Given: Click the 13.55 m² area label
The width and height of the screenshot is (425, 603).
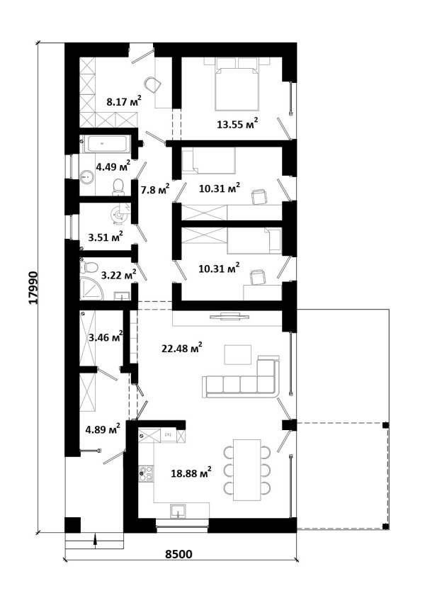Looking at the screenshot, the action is (x=237, y=123).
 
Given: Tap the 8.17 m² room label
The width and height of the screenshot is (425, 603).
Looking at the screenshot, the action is (x=124, y=101).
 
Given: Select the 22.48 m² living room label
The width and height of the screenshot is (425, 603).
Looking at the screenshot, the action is (x=182, y=348).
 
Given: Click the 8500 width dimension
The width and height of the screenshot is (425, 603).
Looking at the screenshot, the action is (x=178, y=554).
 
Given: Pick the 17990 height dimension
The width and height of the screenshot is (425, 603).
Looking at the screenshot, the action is (x=34, y=288).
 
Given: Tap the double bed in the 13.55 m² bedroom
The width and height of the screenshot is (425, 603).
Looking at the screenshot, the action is (x=236, y=84).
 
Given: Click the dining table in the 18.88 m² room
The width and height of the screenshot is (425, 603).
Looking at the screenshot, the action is (x=247, y=470).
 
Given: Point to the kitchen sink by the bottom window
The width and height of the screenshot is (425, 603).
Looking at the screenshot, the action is (x=178, y=511).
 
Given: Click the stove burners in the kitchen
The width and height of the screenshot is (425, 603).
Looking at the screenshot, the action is (x=146, y=473).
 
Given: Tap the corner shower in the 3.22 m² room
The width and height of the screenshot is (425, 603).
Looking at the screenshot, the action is (x=92, y=288).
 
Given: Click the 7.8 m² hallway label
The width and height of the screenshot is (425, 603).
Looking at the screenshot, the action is (x=156, y=188).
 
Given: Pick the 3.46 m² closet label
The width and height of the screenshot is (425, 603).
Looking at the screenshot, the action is (x=106, y=337).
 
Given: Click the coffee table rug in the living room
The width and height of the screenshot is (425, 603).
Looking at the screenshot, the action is (x=237, y=354).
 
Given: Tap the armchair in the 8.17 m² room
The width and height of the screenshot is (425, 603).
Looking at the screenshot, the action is (x=153, y=84).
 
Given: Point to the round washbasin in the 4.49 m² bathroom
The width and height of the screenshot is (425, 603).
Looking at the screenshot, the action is (x=87, y=177).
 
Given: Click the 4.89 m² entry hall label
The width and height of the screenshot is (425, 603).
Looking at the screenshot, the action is (x=103, y=429).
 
